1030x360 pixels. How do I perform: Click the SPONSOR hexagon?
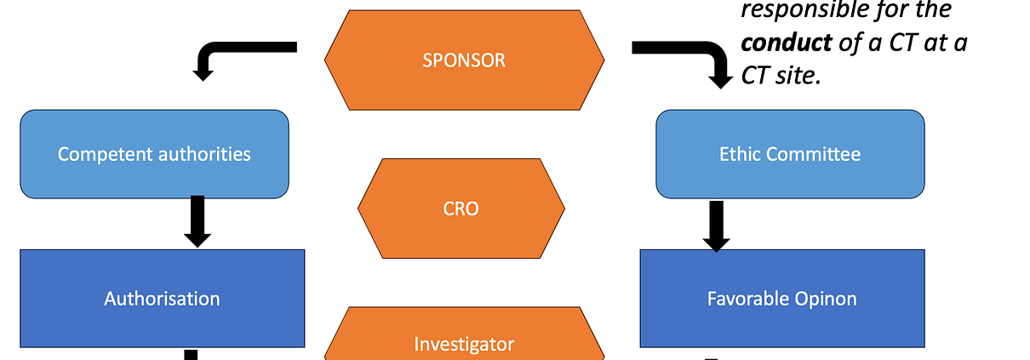point(465,60)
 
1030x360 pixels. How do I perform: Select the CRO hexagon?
point(461,209)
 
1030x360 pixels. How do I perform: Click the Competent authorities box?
point(155,154)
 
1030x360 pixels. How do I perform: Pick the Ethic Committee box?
point(790,154)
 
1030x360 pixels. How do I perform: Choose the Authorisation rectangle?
point(163,299)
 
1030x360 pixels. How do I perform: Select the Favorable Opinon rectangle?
point(782,299)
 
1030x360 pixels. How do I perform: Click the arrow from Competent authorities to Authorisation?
point(197,221)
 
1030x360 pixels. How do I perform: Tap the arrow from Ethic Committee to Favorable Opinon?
point(717,226)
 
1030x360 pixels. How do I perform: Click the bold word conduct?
point(787,43)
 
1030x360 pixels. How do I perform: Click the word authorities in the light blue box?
point(204,154)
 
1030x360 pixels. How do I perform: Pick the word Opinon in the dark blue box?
point(826,300)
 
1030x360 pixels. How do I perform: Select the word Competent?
point(106,155)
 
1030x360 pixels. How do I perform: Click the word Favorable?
point(748,299)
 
